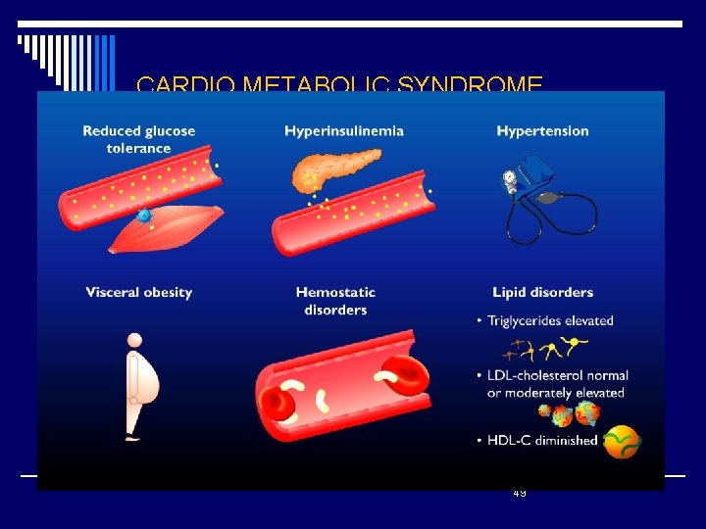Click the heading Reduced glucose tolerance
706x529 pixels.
138,139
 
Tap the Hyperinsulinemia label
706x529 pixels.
344,131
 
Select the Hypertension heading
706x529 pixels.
542,131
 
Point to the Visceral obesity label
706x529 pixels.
138,292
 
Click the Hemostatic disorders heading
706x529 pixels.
335,301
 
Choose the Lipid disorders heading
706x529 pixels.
542,292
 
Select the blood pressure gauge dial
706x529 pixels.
509,180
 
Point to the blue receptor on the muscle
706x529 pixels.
144,216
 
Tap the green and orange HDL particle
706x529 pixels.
622,443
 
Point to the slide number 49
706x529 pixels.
519,493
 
